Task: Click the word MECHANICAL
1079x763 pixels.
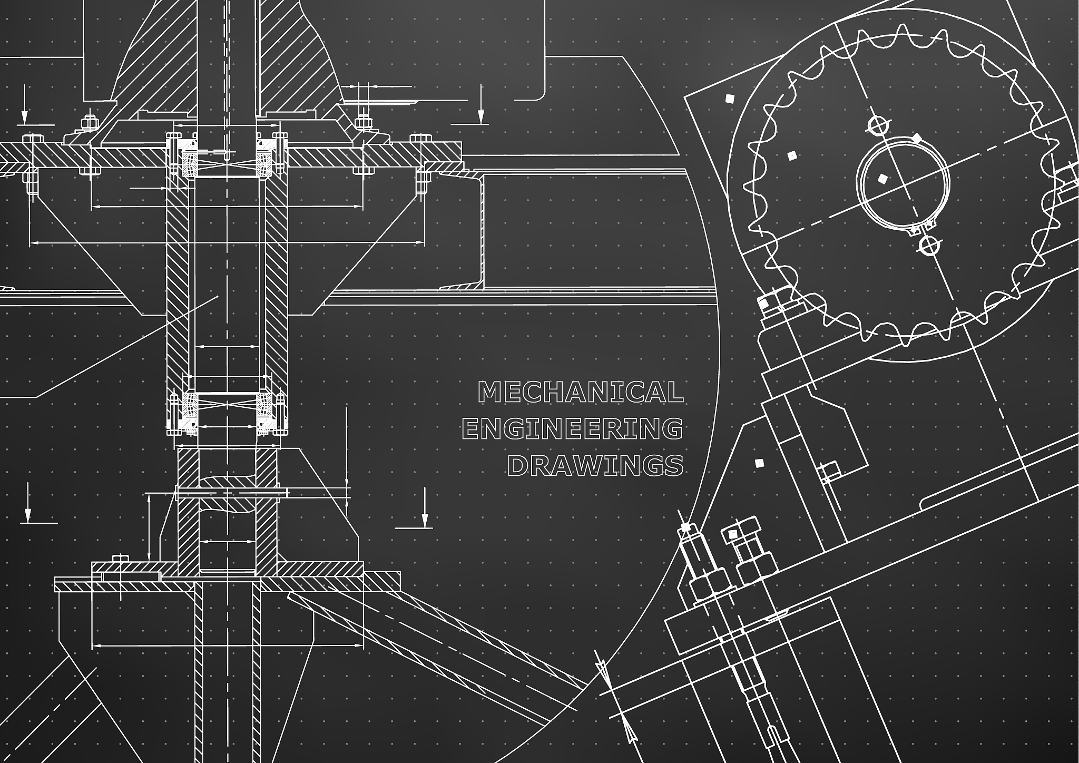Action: (580, 392)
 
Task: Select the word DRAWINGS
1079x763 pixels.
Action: (595, 465)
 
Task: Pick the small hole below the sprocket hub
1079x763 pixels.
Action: (929, 245)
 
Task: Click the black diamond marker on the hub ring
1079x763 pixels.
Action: (917, 139)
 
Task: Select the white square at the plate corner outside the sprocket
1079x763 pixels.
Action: (730, 98)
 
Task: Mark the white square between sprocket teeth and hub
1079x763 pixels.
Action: (791, 155)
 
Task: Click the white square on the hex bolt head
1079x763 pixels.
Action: (733, 534)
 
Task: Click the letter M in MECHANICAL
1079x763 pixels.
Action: (488, 392)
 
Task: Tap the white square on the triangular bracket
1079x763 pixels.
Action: (759, 463)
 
